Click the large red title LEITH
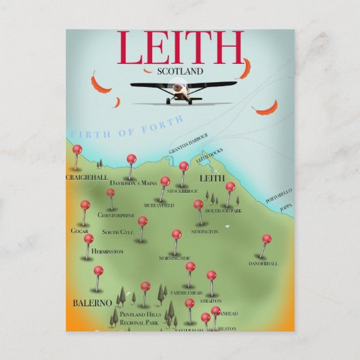tap(180, 48)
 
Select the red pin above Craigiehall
tap(77, 149)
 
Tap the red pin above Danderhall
tap(266, 239)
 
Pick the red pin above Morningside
tap(177, 234)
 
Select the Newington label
tap(205, 232)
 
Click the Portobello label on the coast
tap(278, 196)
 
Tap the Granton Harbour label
tap(188, 139)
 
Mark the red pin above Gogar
tap(85, 204)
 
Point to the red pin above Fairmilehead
tap(190, 267)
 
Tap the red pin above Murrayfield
tap(165, 182)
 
